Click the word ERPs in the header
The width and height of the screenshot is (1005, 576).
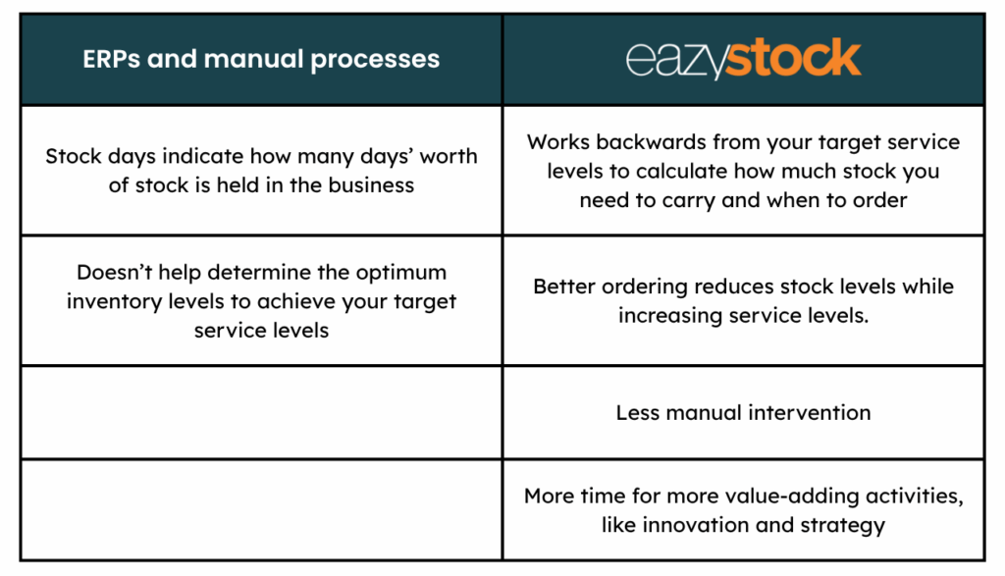[111, 59]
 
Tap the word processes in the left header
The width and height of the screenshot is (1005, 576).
[375, 60]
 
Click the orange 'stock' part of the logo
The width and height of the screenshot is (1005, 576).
[793, 58]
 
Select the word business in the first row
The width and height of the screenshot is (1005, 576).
[371, 185]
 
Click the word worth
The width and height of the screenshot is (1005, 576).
[449, 156]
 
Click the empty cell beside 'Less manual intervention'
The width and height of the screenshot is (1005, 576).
[261, 412]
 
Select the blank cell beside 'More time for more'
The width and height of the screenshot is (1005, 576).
[261, 510]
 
